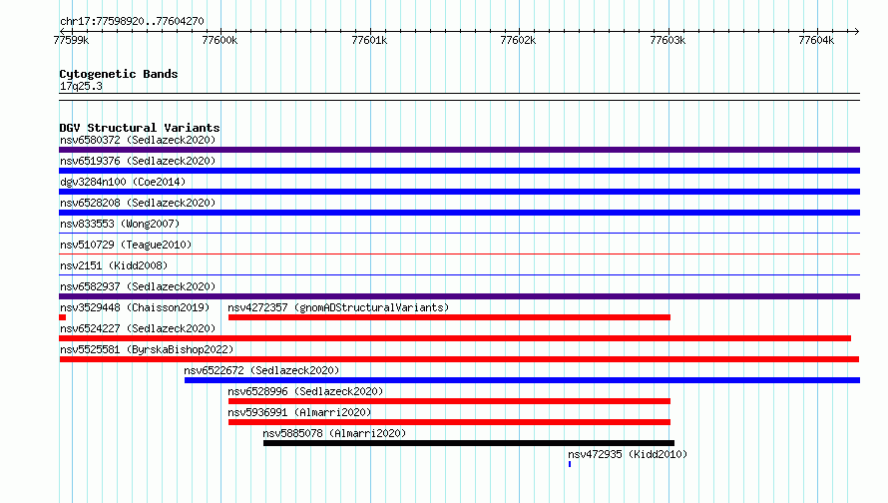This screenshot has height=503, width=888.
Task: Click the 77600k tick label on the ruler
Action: (x=220, y=40)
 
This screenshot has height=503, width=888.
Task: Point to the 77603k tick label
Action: (x=667, y=40)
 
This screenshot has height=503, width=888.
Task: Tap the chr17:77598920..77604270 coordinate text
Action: (x=132, y=21)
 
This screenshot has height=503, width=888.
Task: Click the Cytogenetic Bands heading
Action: (x=119, y=74)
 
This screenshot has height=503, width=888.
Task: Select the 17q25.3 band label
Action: (x=81, y=86)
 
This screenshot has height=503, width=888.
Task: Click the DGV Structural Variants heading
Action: (x=140, y=128)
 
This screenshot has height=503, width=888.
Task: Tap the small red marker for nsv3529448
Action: (x=62, y=317)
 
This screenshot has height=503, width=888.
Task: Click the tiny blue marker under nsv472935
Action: (x=570, y=464)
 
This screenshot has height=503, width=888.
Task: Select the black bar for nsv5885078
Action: (x=469, y=443)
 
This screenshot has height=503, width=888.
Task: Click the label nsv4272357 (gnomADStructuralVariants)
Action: (x=338, y=307)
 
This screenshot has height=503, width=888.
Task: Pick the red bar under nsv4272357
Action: (x=449, y=317)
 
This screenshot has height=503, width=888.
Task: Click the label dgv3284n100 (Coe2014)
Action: (x=123, y=182)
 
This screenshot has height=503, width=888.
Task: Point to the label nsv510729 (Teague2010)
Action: (x=126, y=245)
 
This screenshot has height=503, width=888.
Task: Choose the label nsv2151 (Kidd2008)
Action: (x=114, y=265)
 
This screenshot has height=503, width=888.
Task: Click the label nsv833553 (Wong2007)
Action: (x=120, y=224)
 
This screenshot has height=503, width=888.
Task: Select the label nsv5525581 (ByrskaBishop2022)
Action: (x=147, y=349)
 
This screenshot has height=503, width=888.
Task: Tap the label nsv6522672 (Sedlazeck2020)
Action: (x=261, y=370)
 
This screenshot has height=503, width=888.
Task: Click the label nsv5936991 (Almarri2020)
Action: (x=299, y=412)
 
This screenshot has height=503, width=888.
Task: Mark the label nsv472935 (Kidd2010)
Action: (x=628, y=454)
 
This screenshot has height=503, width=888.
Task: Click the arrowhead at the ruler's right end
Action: (x=856, y=31)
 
